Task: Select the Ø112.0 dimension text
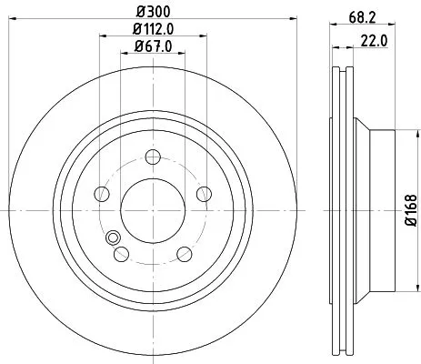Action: coord(154,31)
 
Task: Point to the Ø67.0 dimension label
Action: coord(154,47)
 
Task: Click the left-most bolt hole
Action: coord(103,194)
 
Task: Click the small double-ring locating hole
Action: coord(114,238)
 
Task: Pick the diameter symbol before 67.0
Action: coord(138,47)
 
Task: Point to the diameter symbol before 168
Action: coord(411,225)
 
